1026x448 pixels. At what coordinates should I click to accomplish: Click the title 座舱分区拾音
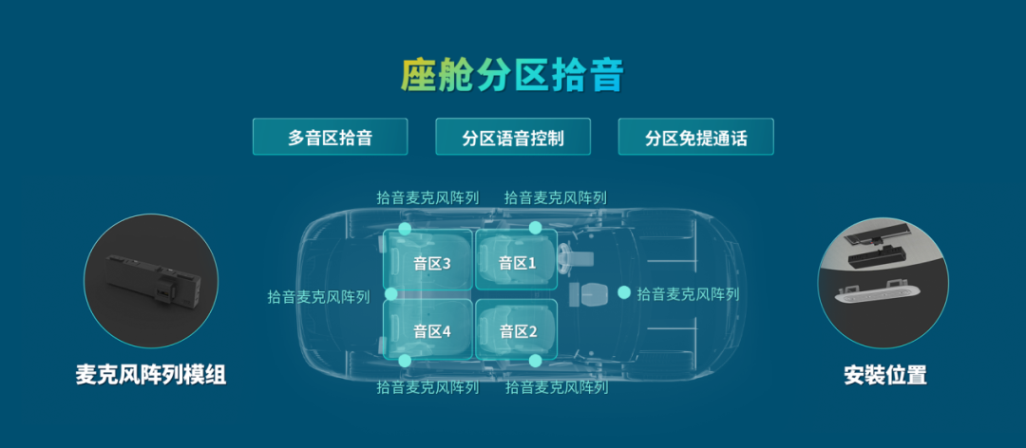tap(512, 74)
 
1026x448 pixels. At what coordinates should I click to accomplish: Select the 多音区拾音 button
tap(330, 137)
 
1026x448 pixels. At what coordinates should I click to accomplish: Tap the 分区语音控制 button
tap(513, 137)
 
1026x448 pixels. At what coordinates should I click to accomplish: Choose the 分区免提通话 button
tap(695, 137)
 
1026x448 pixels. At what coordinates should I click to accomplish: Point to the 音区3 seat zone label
tap(432, 263)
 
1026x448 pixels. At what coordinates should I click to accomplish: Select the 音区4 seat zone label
tap(432, 331)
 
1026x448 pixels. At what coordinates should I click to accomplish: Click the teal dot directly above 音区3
tap(406, 229)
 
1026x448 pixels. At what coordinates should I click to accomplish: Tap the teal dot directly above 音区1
tap(536, 228)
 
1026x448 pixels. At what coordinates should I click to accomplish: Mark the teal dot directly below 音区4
tap(406, 361)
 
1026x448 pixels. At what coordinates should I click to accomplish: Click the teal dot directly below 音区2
tap(536, 361)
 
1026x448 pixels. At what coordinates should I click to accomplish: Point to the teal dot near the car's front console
tap(624, 293)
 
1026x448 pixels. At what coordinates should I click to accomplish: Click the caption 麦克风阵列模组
tap(151, 375)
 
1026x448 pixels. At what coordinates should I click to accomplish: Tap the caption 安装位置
tap(884, 375)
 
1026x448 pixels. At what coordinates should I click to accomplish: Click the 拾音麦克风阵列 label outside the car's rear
tap(318, 297)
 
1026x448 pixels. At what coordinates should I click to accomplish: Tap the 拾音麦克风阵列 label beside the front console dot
tap(688, 294)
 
